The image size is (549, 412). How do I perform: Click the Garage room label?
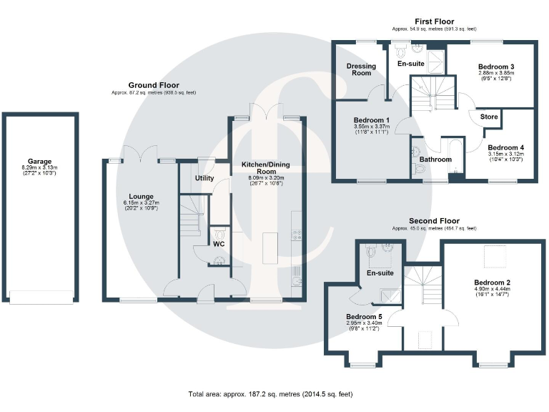pos(40,162)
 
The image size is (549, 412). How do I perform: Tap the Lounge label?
pos(141,195)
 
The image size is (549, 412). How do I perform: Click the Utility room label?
pos(204,178)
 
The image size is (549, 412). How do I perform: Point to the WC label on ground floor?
pos(219,244)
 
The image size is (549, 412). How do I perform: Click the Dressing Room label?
pos(361,69)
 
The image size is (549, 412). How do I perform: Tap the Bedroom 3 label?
pos(495,67)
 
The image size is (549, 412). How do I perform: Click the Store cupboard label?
pos(489,117)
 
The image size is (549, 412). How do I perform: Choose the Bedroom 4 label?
pos(505,145)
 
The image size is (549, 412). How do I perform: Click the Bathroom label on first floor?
pos(435,159)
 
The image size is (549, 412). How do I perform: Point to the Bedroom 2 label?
pos(491,282)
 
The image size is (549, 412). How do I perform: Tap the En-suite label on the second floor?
pos(380,273)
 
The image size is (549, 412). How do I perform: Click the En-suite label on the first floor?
pos(411,64)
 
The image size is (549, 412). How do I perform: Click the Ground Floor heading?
pos(153,85)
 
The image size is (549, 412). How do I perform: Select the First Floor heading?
pos(434,21)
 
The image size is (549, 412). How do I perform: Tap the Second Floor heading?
pos(434,221)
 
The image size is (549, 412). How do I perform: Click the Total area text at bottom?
pos(270,394)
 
